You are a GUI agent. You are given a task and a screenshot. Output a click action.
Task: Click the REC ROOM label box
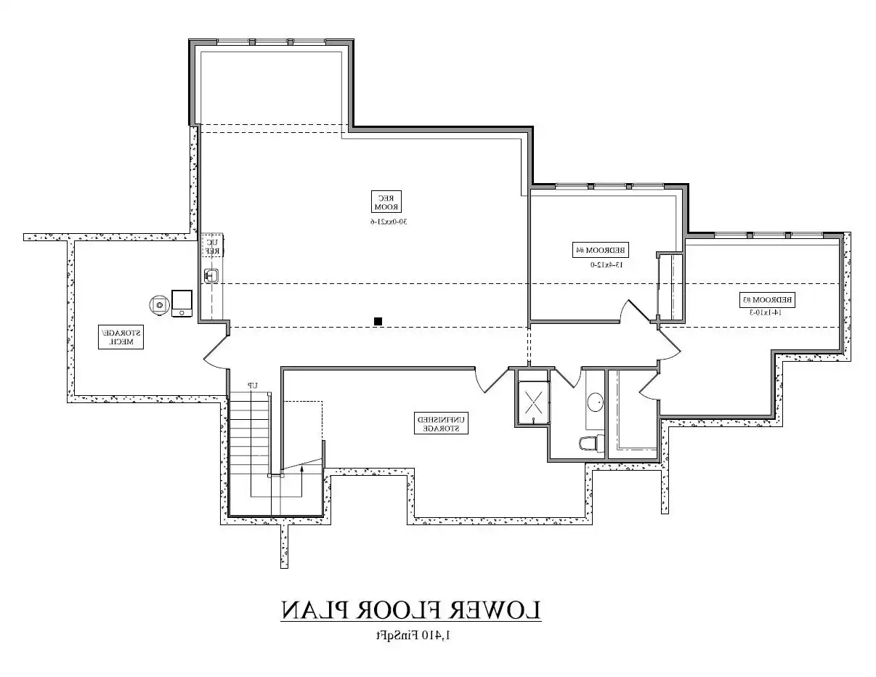click(x=386, y=201)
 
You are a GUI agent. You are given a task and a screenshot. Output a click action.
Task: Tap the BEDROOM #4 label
click(x=601, y=250)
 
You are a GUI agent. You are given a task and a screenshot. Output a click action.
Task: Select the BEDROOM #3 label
click(x=767, y=299)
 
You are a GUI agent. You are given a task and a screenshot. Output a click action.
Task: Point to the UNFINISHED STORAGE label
click(x=441, y=423)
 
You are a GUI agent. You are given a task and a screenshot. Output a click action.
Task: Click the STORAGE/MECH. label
click(x=121, y=337)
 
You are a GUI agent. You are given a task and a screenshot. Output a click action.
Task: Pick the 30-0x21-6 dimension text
click(x=386, y=221)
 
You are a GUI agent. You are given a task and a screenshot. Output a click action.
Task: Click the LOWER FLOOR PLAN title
click(x=411, y=611)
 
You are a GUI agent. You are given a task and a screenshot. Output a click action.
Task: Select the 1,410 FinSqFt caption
click(x=412, y=636)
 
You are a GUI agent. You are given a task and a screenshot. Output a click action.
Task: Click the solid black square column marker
click(x=378, y=320)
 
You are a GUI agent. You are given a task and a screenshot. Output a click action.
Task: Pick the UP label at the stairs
click(x=253, y=385)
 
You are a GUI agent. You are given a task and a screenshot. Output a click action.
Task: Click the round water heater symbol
click(x=158, y=304)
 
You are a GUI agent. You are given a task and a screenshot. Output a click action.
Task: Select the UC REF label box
click(x=212, y=246)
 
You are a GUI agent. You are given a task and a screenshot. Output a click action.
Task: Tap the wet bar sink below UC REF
click(x=211, y=275)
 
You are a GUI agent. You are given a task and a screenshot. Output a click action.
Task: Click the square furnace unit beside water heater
click(x=182, y=303)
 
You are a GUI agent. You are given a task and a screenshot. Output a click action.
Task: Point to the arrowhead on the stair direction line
click(x=301, y=470)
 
